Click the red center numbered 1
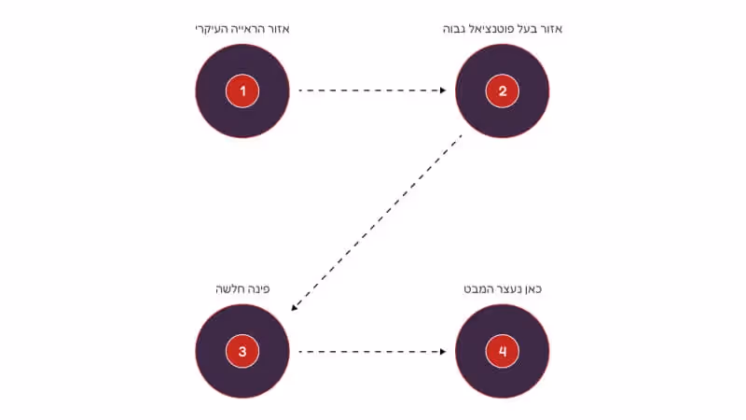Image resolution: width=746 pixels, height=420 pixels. pyautogui.click(x=242, y=91)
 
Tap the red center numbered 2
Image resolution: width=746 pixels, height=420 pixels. pyautogui.click(x=502, y=91)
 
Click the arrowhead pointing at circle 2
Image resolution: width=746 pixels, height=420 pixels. pyautogui.click(x=442, y=91)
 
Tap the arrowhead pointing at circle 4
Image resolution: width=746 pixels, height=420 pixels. pyautogui.click(x=442, y=352)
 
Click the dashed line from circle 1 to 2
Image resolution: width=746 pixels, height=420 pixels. pyautogui.click(x=368, y=91)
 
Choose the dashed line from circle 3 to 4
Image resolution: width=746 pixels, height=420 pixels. pyautogui.click(x=368, y=352)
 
